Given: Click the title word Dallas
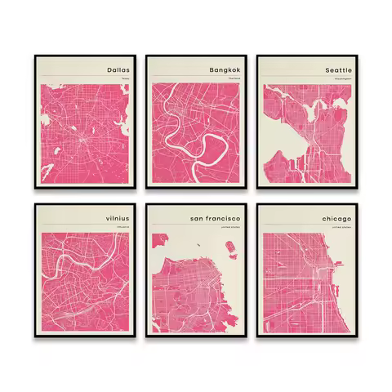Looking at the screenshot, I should [x=118, y=70].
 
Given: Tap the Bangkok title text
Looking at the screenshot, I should [x=228, y=70].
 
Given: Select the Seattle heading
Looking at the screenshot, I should [x=337, y=70].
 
